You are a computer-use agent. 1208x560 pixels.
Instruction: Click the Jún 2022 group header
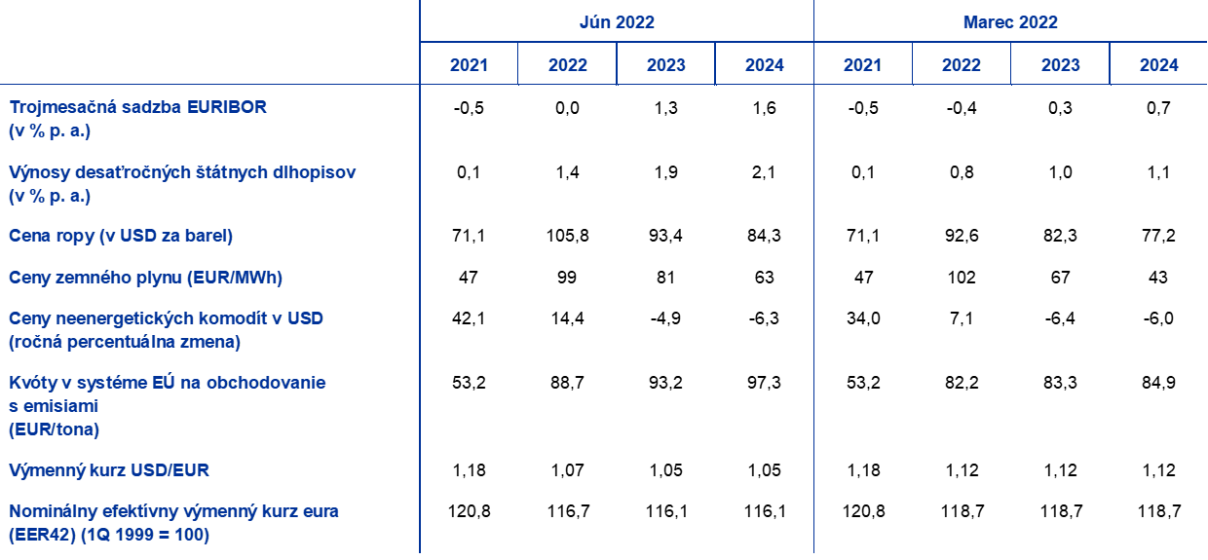[617, 22]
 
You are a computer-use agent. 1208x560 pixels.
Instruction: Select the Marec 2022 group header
[1010, 22]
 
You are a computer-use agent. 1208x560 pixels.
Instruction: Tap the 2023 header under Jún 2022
[666, 65]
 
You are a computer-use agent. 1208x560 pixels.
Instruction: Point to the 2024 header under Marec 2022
[1159, 65]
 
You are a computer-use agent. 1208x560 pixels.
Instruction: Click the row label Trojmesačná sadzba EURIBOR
[138, 107]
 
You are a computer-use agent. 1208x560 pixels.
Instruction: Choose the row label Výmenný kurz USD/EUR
[109, 470]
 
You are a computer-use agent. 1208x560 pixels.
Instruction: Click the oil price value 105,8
[567, 236]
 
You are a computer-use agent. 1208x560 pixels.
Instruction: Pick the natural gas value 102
[962, 277]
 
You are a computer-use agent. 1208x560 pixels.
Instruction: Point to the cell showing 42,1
[468, 318]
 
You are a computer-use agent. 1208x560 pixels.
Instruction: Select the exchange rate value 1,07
[567, 470]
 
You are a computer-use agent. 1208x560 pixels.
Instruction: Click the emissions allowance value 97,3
[764, 382]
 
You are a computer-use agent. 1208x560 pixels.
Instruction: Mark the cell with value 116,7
[568, 510]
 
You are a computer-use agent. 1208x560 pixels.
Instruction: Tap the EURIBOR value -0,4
[962, 108]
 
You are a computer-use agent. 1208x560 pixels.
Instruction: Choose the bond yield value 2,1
[764, 172]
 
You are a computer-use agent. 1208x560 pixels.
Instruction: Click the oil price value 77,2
[1158, 236]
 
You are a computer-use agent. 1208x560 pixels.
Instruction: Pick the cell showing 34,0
[863, 318]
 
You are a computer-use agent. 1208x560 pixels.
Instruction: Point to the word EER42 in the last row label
[42, 535]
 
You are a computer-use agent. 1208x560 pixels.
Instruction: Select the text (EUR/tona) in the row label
[54, 429]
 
